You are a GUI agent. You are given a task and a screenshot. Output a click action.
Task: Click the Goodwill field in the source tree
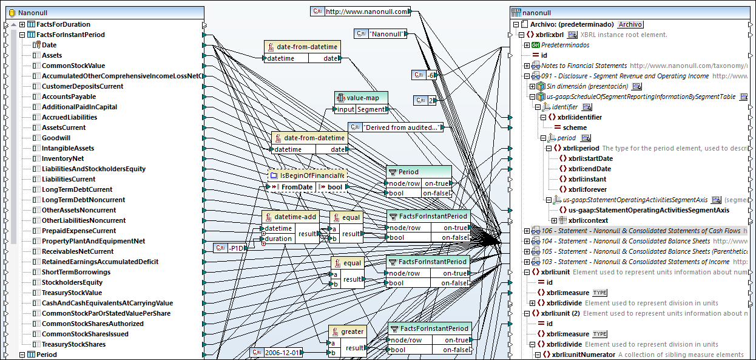tap(56, 138)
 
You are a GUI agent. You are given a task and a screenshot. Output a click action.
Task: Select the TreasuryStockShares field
tap(73, 344)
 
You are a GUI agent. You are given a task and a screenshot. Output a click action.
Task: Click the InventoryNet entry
tap(62, 158)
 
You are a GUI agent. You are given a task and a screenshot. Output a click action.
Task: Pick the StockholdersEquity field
tap(72, 282)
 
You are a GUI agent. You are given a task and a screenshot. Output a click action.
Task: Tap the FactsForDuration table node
tap(63, 24)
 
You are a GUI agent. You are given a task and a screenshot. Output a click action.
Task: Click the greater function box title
tap(352, 331)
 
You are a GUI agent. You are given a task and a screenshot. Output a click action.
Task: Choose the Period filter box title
tap(408, 172)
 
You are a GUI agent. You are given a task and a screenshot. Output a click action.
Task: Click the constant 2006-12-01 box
tap(282, 352)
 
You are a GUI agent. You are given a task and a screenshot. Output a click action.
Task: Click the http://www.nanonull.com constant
tap(367, 11)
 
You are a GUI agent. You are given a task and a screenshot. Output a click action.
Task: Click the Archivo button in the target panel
tap(630, 24)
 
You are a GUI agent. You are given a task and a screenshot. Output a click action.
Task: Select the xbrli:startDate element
tap(590, 158)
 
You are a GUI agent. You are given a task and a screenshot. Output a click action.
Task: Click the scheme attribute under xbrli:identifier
tap(575, 127)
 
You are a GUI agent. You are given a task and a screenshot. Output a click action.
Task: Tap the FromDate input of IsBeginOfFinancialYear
tap(297, 187)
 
